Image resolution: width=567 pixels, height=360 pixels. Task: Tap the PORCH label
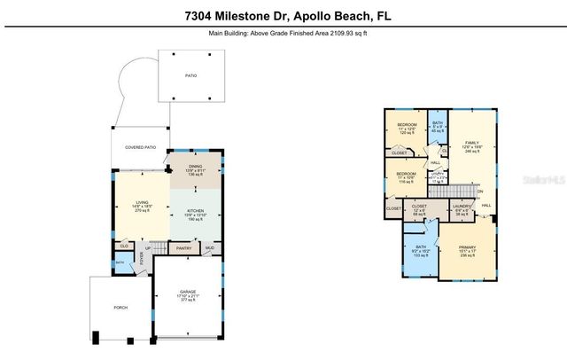[x=120, y=308]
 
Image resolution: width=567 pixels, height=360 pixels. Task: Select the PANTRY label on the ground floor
[x=183, y=248]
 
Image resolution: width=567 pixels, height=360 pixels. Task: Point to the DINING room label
[x=195, y=166]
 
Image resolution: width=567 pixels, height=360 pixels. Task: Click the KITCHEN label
[x=195, y=210]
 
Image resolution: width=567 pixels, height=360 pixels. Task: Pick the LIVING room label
[x=142, y=203]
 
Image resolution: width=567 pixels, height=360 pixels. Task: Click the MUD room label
[x=210, y=248]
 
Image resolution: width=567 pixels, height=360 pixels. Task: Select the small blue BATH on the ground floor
[x=119, y=263]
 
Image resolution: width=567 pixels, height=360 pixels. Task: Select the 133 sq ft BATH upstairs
[x=420, y=248]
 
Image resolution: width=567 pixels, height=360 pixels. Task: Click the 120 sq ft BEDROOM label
[x=407, y=123]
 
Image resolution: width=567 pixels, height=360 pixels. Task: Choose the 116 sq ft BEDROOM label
[x=407, y=173]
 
